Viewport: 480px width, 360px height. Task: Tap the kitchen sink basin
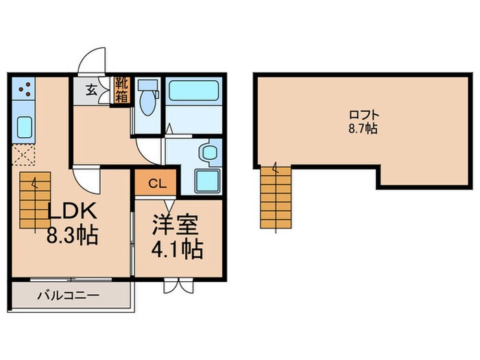23,128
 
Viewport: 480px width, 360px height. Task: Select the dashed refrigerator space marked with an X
24,156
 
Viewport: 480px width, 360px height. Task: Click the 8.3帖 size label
72,237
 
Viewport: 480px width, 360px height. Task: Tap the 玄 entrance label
91,88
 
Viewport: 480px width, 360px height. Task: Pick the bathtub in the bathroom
193,91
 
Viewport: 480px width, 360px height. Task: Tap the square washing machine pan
207,180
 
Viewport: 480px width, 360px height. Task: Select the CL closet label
156,184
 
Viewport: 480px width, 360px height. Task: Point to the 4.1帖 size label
176,248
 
